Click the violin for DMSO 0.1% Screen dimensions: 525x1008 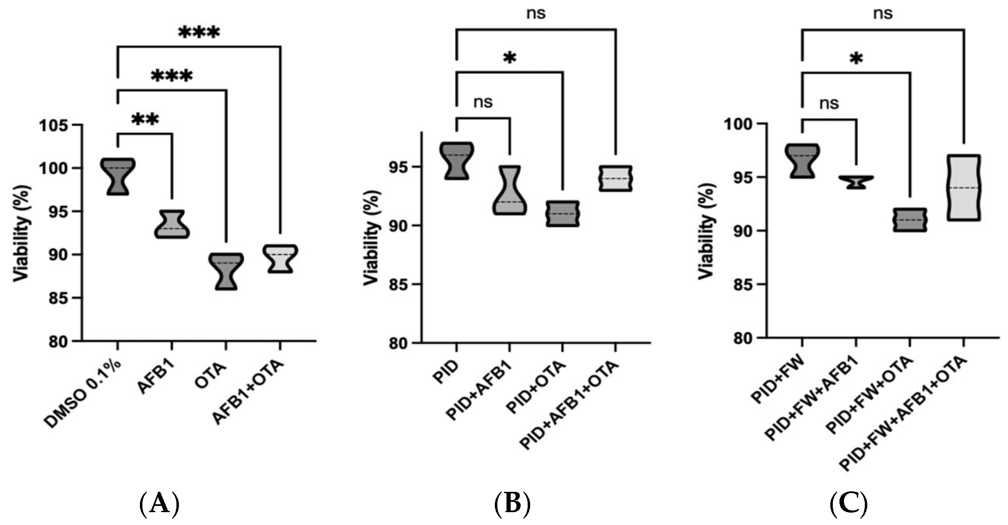coord(118,176)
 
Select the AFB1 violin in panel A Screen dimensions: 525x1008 coord(172,225)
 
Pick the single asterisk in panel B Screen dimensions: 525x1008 coord(509,58)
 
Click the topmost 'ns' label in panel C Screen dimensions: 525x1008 coord(883,13)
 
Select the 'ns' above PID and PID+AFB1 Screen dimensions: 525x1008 coord(483,102)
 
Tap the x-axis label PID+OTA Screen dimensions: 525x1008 coord(536,387)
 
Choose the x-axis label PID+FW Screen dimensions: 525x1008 coord(778,379)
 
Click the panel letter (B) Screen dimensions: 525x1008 coord(512,503)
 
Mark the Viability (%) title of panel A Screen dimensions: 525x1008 coord(22,233)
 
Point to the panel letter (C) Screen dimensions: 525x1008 coord(848,503)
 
